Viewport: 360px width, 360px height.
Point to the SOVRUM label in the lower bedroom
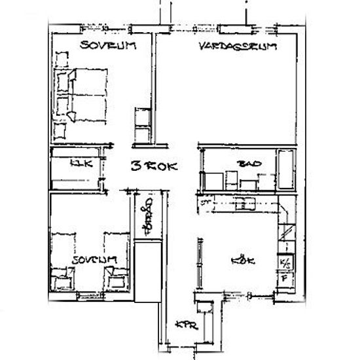coord(94,260)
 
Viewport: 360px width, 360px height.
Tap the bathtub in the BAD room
coord(286,168)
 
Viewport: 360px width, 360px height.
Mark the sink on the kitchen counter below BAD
coord(247,204)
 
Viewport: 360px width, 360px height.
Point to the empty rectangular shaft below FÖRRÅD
coord(147,271)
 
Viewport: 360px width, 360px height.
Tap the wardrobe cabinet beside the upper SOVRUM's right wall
coord(141,124)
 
